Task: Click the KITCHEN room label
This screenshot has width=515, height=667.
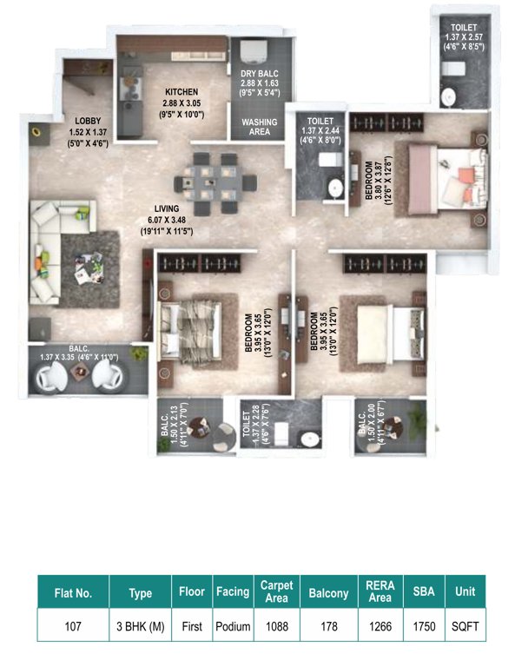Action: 182,91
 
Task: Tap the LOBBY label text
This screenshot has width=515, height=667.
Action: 63,122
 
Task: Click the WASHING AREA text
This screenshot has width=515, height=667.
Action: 260,127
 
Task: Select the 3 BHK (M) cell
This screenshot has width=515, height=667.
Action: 140,625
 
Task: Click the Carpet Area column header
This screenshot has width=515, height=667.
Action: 277,592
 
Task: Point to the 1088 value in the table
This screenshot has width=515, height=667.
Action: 277,625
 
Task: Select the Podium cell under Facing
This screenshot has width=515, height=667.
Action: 232,625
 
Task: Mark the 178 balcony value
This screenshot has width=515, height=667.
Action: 328,625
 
